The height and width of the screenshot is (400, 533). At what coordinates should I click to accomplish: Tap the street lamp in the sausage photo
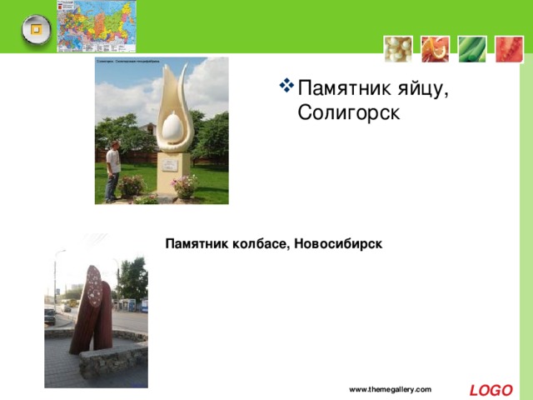57,275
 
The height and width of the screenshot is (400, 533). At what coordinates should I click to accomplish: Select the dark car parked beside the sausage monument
49,316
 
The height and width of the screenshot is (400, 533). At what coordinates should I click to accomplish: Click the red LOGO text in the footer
491,390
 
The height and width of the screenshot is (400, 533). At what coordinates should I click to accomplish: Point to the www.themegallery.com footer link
390,390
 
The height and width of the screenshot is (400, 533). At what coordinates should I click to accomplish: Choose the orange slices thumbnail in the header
434,49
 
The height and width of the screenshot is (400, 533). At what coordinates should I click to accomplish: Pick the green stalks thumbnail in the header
471,49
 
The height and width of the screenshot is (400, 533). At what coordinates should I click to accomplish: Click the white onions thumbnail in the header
397,49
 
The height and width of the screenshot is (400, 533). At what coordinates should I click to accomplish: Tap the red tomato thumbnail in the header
508,49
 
